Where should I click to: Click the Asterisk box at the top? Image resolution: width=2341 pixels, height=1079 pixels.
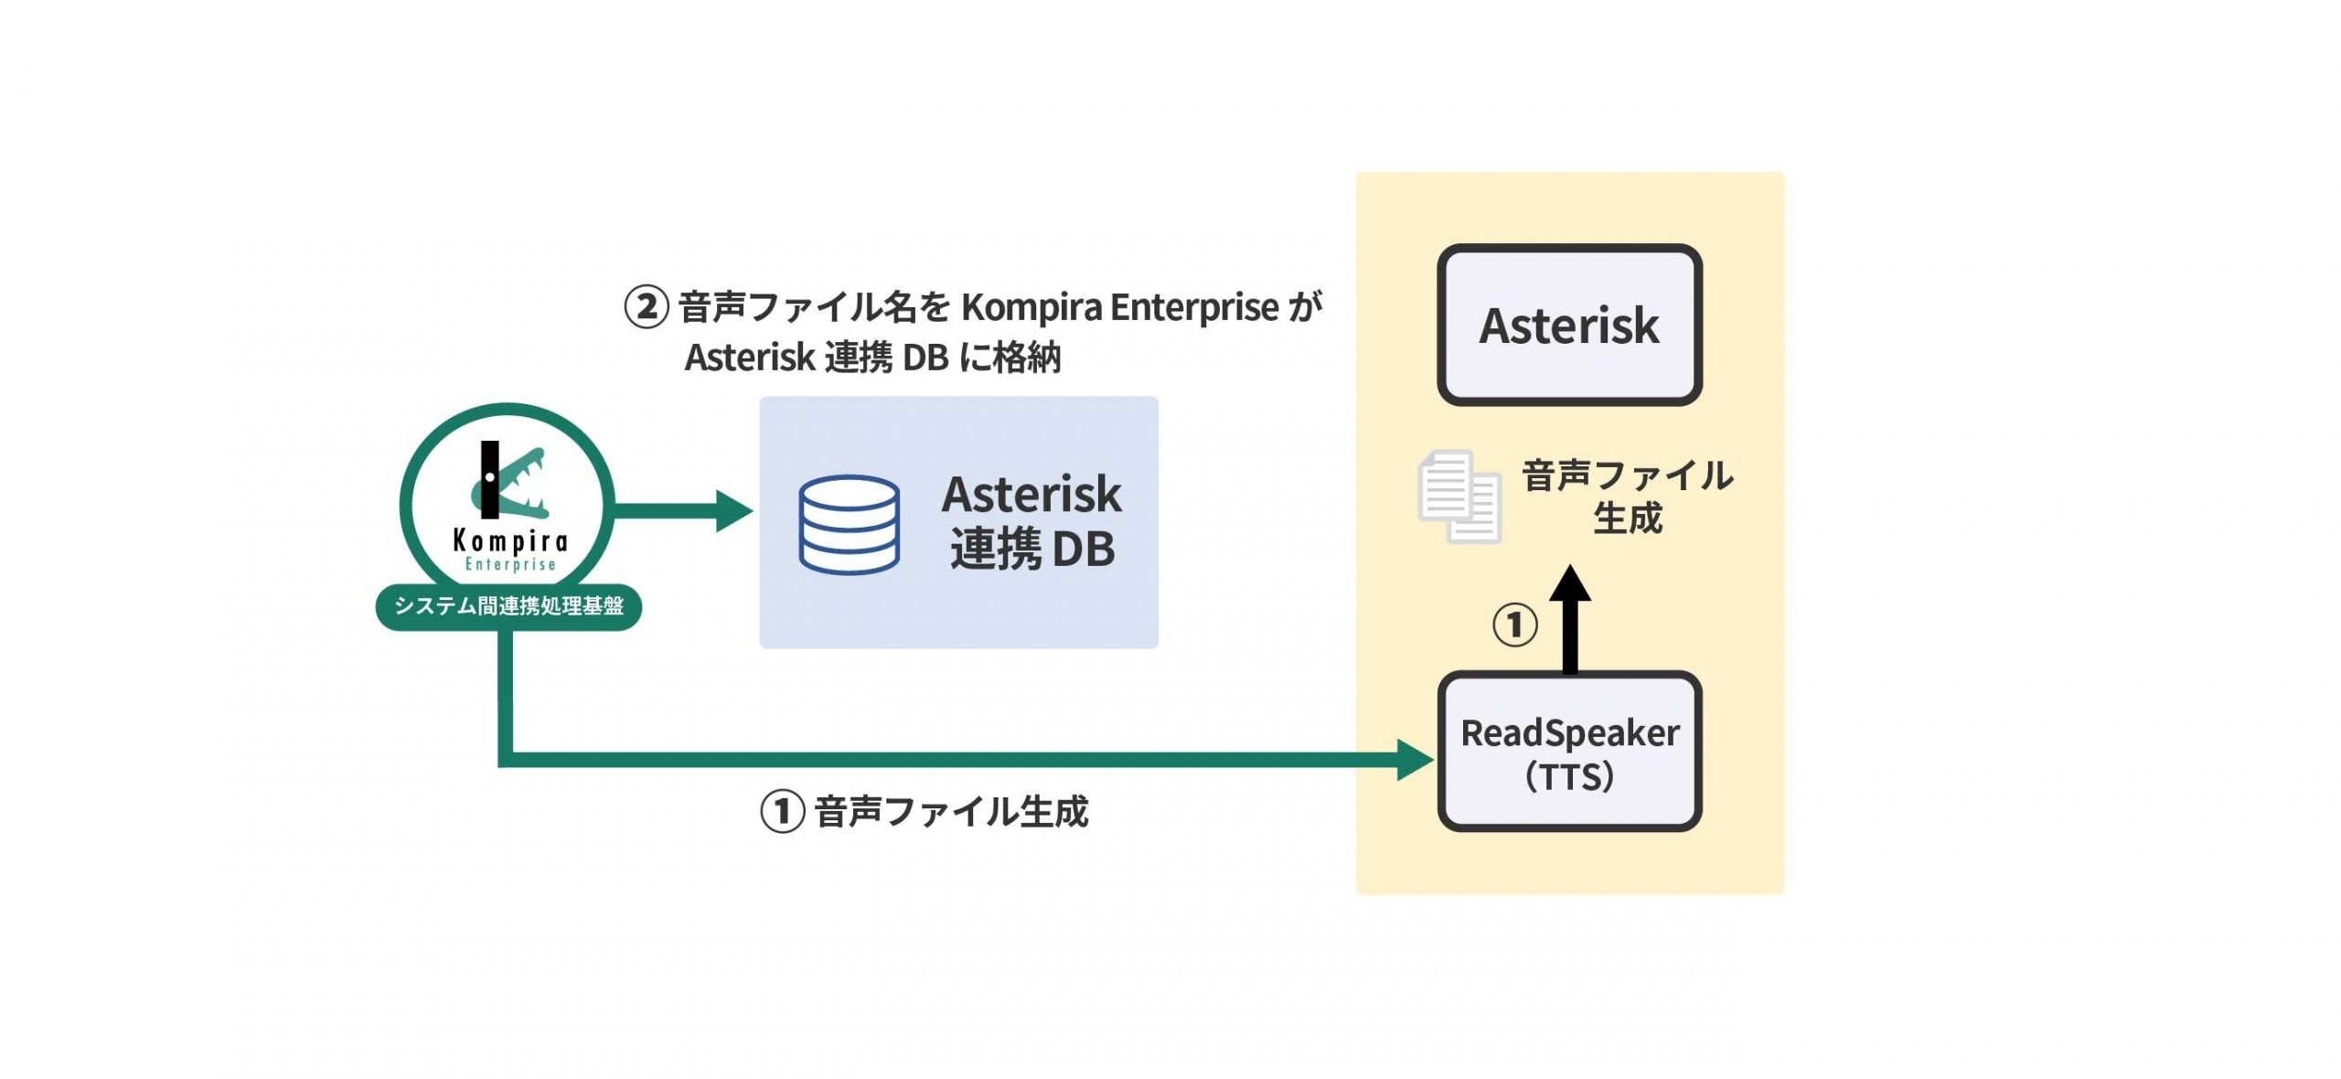tap(1568, 325)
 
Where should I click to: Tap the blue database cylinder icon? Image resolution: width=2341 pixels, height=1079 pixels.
tap(849, 524)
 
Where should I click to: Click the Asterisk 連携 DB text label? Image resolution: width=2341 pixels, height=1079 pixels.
tap(1032, 521)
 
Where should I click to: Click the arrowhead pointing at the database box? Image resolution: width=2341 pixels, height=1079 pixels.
tap(733, 510)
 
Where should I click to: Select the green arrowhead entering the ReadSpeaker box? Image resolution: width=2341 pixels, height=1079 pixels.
tap(1415, 759)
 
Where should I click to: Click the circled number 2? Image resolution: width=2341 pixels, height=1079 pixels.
tap(647, 307)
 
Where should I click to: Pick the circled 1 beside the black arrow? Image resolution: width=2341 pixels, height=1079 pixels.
tap(1514, 625)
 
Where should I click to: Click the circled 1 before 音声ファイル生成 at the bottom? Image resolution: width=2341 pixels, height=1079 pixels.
tap(782, 811)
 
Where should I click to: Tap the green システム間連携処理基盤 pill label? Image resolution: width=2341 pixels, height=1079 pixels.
tap(508, 606)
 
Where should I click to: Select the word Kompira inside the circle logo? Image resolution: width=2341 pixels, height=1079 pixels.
tap(510, 541)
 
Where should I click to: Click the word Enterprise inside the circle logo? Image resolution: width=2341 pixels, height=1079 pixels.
tap(510, 564)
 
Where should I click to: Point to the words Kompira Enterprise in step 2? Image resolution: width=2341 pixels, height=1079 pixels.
tap(1119, 307)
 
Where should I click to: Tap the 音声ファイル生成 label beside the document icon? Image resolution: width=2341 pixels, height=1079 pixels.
tap(1627, 497)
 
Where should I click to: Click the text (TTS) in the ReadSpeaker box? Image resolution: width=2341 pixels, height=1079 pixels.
tap(1568, 776)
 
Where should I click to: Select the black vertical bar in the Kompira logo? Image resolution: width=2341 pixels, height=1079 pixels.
tap(490, 479)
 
